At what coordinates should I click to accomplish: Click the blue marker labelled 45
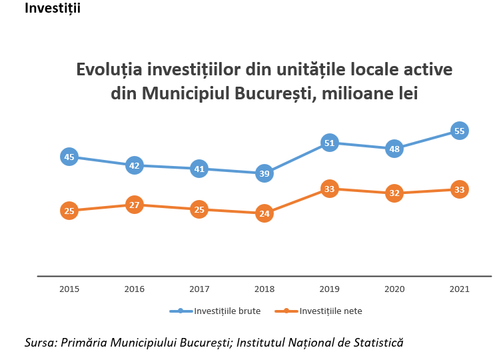69,157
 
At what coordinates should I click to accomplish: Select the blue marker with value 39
264,173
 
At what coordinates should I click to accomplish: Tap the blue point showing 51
329,143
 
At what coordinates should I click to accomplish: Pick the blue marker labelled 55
459,131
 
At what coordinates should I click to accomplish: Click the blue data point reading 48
394,149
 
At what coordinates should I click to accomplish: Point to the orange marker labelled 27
134,205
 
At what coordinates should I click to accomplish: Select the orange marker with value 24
264,214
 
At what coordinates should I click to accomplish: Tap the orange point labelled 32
394,193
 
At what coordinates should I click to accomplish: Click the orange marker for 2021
459,189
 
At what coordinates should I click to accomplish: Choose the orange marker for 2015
69,211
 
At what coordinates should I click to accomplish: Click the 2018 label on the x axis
264,289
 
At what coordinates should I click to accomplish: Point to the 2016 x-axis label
134,289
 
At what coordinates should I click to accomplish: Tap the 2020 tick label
394,289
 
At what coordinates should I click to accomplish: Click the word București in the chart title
274,93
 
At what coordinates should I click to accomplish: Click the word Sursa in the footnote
39,343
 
